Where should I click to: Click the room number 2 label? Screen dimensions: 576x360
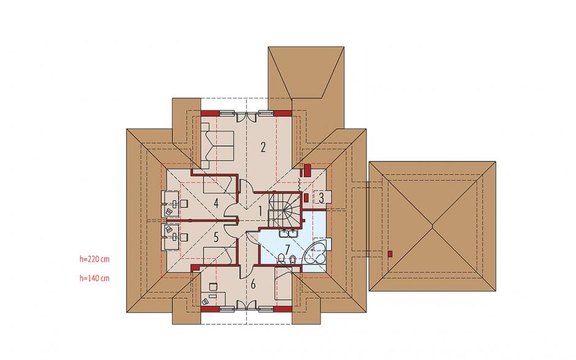tap(263, 147)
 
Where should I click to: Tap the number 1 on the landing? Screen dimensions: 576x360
tap(260, 212)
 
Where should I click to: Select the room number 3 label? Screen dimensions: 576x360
tap(321, 198)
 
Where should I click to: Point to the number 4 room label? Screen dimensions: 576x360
tap(216, 203)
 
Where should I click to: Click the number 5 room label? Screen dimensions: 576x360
tap(216, 237)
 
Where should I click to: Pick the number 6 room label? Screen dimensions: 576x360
tap(252, 284)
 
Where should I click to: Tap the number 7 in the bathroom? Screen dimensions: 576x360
tap(287, 249)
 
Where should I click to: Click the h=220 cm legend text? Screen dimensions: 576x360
tap(94, 259)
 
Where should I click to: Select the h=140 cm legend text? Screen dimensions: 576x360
tap(94, 278)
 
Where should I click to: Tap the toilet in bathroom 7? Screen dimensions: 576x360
tap(281, 259)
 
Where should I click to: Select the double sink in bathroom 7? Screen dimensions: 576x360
tap(289, 233)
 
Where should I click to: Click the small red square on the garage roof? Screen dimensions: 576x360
tap(390, 253)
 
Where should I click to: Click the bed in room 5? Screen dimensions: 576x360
tap(219, 256)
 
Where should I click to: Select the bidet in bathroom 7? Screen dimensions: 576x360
tap(293, 259)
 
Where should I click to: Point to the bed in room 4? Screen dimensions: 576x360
tap(219, 185)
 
